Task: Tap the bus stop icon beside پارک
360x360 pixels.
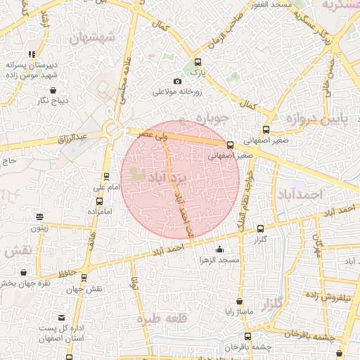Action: pyautogui.click(x=198, y=62)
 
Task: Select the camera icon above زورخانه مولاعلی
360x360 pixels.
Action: pyautogui.click(x=177, y=82)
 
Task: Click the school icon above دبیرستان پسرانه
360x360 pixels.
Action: pyautogui.click(x=31, y=53)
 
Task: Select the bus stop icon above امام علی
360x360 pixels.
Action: pyautogui.click(x=106, y=176)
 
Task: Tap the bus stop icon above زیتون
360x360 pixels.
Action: pyautogui.click(x=39, y=217)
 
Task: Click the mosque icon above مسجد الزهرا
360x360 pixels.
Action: pyautogui.click(x=219, y=250)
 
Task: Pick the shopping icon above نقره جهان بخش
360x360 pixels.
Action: pyautogui.click(x=24, y=272)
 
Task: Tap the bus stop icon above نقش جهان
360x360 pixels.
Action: pyautogui.click(x=84, y=278)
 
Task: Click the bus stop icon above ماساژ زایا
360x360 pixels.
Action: pyautogui.click(x=239, y=301)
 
